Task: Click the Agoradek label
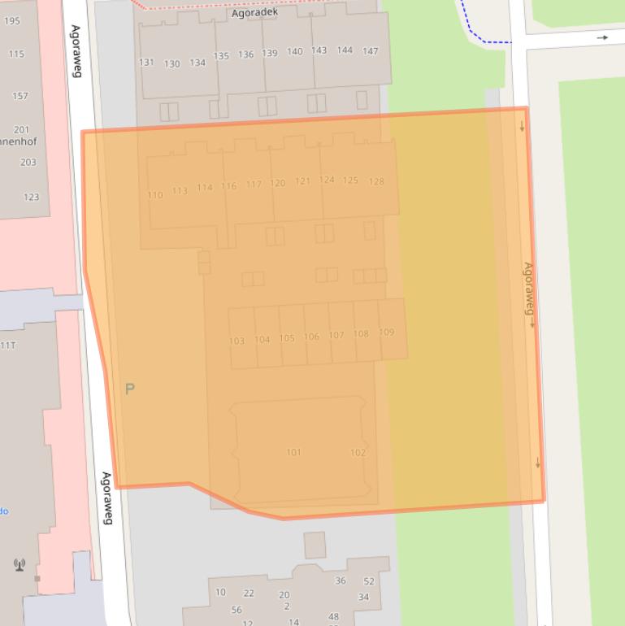coord(254,12)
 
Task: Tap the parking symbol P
coord(129,389)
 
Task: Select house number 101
coord(293,452)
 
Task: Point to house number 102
coord(358,453)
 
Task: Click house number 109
coord(387,332)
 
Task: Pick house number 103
coord(237,341)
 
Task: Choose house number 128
coord(376,181)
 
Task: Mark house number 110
coord(155,195)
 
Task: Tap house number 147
coord(370,51)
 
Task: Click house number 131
coord(146,63)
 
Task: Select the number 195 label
coord(12,21)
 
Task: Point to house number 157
coord(20,96)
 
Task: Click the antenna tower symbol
coord(20,564)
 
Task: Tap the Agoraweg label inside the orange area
coord(528,289)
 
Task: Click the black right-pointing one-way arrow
coord(602,37)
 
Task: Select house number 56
coord(237,610)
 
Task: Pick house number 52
coord(369,581)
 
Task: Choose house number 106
coord(311,337)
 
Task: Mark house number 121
coord(302,181)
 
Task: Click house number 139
coord(270,53)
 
